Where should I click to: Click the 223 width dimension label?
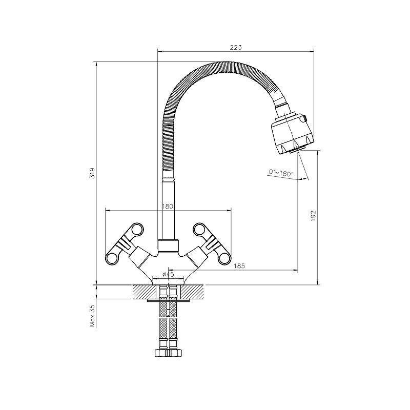pos(236,47)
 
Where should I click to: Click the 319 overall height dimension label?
pos(92,173)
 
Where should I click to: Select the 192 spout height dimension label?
pos(313,216)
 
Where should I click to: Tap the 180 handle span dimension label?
pos(168,207)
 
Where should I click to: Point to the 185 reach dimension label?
pos(239,266)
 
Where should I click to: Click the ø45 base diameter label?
pos(168,274)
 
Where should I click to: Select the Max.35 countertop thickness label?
pos(92,316)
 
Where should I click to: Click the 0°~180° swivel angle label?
pos(281,173)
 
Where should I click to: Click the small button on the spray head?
pos(304,119)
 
